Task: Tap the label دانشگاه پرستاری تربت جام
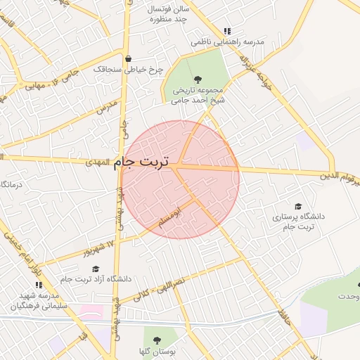[298, 222]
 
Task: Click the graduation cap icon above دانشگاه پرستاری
[298, 206]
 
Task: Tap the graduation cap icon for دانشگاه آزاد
[96, 268]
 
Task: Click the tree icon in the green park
[196, 79]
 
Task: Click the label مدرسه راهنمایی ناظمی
[228, 43]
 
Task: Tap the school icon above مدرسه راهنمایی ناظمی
[226, 32]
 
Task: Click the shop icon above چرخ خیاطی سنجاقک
[128, 58]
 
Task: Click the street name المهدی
[98, 162]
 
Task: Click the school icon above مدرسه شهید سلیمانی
[39, 285]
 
